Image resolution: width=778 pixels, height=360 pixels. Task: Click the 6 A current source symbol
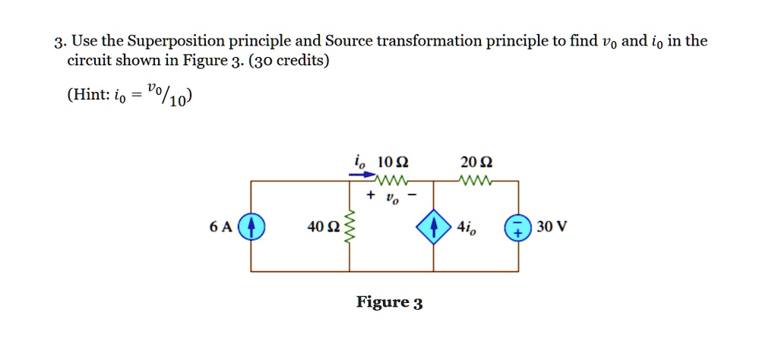tap(251, 227)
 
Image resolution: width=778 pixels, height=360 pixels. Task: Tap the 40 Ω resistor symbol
tap(349, 227)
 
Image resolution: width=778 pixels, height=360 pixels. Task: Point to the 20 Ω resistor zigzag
tap(477, 182)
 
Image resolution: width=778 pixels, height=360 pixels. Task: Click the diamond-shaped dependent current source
tap(434, 227)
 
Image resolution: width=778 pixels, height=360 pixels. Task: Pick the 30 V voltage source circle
tap(518, 227)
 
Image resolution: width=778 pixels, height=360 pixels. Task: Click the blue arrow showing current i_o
tap(362, 174)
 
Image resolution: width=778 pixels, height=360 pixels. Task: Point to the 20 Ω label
tap(477, 162)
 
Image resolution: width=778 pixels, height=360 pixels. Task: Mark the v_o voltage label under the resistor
tap(392, 197)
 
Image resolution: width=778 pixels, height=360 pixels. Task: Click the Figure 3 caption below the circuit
tap(390, 303)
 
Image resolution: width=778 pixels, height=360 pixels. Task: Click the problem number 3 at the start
tap(58, 42)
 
